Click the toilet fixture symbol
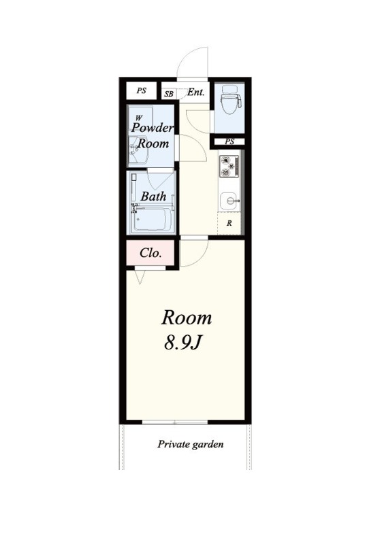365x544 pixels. (x=231, y=99)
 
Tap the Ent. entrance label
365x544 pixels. (x=196, y=92)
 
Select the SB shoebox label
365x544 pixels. (x=169, y=94)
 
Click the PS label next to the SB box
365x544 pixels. (x=142, y=90)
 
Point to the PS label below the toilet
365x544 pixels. (x=229, y=141)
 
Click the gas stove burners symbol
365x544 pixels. (x=229, y=167)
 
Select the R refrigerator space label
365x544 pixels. (x=229, y=224)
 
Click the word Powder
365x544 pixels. (x=152, y=127)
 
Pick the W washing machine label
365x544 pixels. (x=139, y=118)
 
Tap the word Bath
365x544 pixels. (x=153, y=197)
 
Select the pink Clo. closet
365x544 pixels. (x=150, y=252)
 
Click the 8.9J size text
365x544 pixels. (x=182, y=343)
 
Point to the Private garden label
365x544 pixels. (x=191, y=445)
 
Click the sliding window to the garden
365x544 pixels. (x=175, y=422)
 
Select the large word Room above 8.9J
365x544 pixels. (x=187, y=318)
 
